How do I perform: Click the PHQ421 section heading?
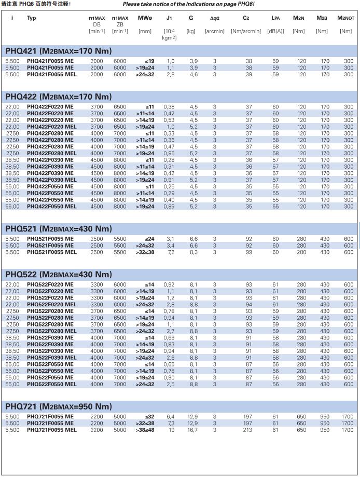coord(59,51)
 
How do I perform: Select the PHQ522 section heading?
coord(59,275)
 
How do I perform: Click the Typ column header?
coord(32,18)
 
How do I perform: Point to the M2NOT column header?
coord(345,18)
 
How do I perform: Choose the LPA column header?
coord(275,18)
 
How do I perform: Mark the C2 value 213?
coord(248,430)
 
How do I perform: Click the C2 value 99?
coord(248,252)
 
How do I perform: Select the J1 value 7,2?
coord(170,252)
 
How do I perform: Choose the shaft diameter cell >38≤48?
coord(145,430)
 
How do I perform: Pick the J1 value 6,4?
coord(170,417)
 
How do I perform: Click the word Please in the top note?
coord(133,4)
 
